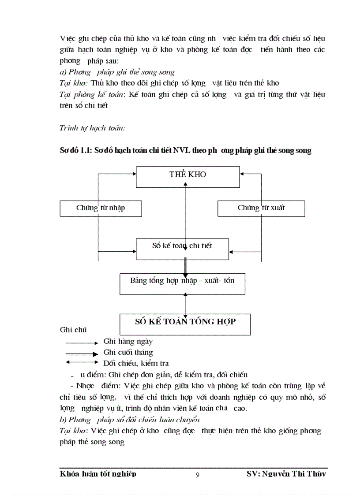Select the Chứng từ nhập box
coord(101,208)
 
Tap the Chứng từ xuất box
coord(261,208)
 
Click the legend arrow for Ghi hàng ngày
coord(81,342)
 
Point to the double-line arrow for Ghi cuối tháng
coord(81,353)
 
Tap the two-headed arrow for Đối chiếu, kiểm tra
coord(81,363)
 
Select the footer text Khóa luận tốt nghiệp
coord(97,474)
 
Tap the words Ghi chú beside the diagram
coord(73,330)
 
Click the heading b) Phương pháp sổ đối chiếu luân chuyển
coord(130,419)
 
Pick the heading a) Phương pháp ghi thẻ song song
coord(117,72)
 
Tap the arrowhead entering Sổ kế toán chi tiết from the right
coord(232,253)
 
